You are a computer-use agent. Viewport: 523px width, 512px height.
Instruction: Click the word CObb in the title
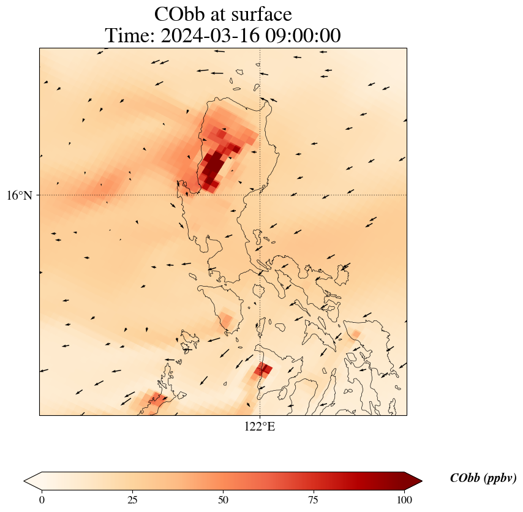(x=180, y=14)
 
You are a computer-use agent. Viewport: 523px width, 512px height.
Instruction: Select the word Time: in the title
(x=130, y=36)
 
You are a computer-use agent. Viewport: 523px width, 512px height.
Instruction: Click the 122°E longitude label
(x=260, y=427)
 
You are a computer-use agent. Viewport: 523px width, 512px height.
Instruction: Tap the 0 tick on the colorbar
(x=42, y=500)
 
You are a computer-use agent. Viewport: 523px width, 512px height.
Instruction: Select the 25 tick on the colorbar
(x=132, y=500)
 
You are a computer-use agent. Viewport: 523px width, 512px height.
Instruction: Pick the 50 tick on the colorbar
(x=223, y=500)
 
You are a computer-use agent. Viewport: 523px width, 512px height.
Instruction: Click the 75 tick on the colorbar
(x=313, y=500)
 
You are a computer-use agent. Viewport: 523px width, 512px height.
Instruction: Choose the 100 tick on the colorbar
(x=404, y=500)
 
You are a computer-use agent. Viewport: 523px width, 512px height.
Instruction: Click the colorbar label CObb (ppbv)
(x=483, y=478)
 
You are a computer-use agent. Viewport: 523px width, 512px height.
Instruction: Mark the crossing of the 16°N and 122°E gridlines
(x=260, y=195)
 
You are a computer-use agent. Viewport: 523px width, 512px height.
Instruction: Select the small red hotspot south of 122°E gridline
(x=263, y=369)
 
